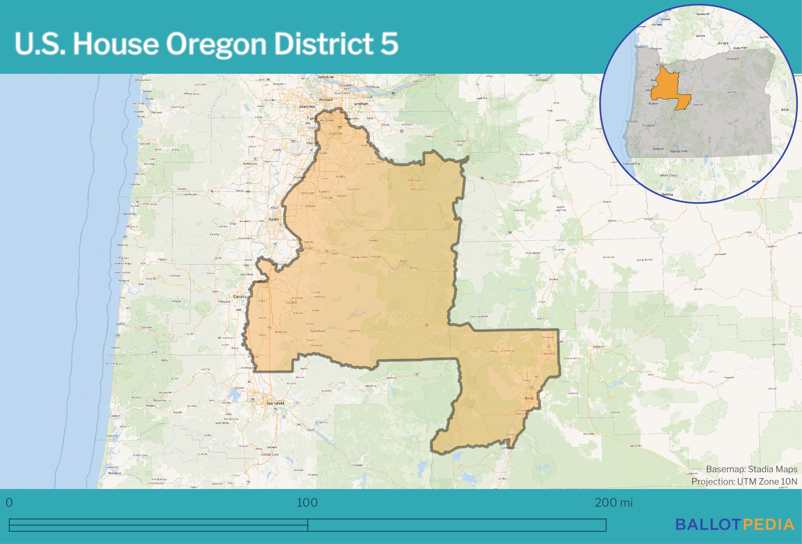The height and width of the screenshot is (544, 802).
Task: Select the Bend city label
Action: point(529,397)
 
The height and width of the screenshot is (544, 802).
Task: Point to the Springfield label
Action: point(275,403)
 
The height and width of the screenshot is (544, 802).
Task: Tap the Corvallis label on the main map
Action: point(240,297)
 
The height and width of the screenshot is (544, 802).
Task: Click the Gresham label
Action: point(361,104)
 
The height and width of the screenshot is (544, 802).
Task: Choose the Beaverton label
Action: point(308,107)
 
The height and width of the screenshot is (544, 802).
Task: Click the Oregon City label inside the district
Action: point(336,134)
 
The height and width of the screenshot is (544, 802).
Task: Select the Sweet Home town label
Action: point(317,331)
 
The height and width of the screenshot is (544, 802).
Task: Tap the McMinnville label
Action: point(250,163)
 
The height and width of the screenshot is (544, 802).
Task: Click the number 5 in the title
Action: point(390,45)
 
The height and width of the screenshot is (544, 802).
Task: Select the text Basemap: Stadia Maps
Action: point(751,470)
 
